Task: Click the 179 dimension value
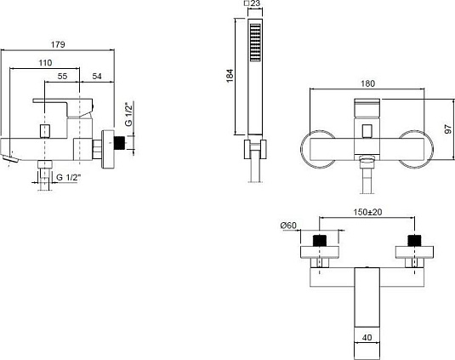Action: click(x=58, y=45)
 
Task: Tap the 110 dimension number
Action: click(x=45, y=63)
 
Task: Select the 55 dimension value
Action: click(x=62, y=76)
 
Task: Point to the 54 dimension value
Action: click(x=97, y=76)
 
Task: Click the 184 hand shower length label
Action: click(x=230, y=76)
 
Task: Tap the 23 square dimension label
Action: click(x=253, y=3)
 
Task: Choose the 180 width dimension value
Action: click(x=367, y=83)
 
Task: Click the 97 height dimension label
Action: click(x=447, y=129)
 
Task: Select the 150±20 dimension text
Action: click(x=367, y=212)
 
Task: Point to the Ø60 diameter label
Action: click(x=288, y=226)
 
